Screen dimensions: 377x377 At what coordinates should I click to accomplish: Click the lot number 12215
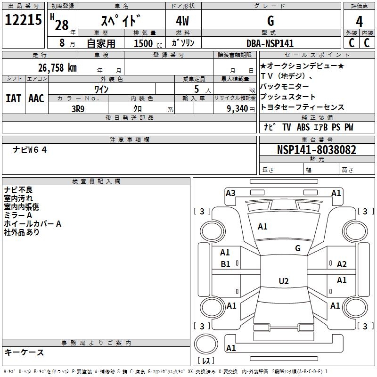tap(23, 20)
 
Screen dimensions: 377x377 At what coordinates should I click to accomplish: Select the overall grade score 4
tap(359, 22)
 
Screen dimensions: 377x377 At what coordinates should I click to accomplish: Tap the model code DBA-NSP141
tap(270, 43)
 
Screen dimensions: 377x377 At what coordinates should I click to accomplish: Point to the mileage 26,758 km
tap(57, 68)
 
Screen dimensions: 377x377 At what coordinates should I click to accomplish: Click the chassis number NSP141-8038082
tap(317, 150)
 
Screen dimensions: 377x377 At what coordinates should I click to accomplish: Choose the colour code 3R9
tap(78, 109)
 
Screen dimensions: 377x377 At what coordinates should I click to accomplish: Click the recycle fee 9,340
tap(238, 109)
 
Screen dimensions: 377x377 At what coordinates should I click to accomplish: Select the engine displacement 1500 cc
tap(148, 43)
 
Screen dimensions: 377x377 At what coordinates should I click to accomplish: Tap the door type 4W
tap(182, 21)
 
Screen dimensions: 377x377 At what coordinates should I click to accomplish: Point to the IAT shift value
tap(14, 98)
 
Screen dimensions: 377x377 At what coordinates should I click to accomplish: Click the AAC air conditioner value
tap(36, 98)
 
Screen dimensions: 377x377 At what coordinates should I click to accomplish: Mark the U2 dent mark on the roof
tap(284, 281)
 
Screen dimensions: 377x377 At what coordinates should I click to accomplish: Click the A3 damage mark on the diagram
tap(230, 193)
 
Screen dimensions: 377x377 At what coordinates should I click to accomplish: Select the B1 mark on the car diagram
tap(225, 264)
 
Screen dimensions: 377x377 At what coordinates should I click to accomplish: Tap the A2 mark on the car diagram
tap(342, 264)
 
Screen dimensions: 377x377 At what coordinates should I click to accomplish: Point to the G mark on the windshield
tap(298, 248)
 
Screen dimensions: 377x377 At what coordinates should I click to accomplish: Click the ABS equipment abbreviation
tap(303, 127)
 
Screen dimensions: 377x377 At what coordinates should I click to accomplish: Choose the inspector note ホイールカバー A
tap(33, 224)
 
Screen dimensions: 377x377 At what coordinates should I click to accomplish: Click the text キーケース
tap(24, 352)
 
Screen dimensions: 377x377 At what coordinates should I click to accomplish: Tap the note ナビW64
tap(30, 150)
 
